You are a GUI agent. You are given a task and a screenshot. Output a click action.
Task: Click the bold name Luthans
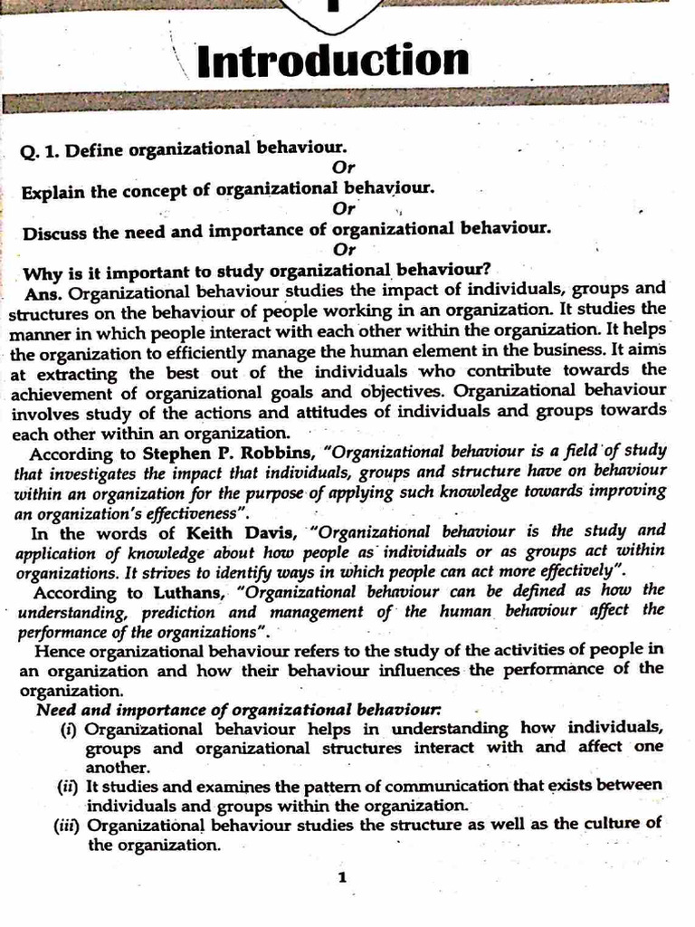coord(186,593)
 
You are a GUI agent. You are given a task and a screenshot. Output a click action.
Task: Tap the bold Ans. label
coord(46,292)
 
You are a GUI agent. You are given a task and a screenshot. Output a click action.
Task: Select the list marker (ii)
coord(68,786)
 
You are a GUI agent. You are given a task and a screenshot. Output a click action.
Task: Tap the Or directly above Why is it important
coord(344,249)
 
